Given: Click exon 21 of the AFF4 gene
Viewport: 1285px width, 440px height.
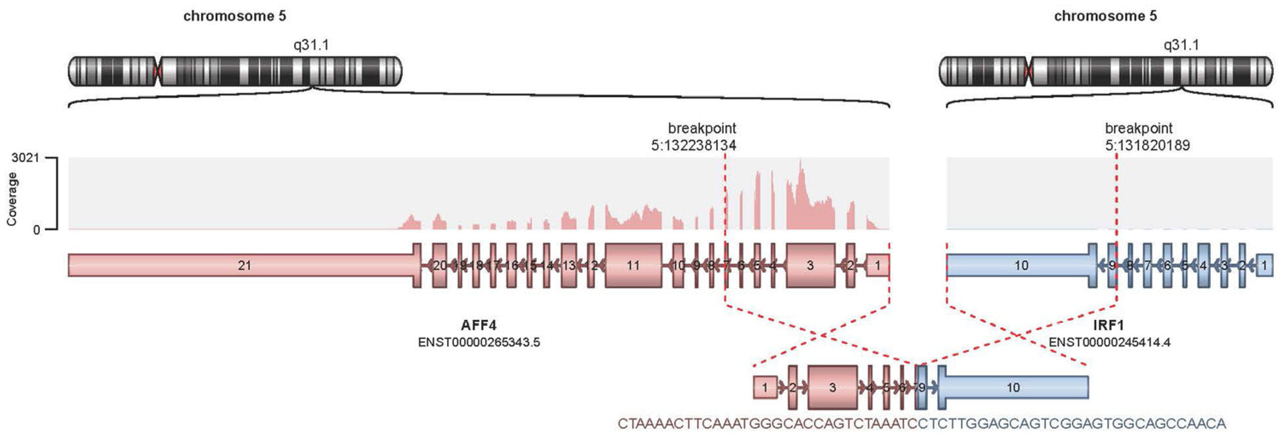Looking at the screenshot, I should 244,265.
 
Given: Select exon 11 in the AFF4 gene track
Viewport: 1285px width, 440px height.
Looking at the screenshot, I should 633,265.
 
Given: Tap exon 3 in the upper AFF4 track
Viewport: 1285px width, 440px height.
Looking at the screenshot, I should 811,265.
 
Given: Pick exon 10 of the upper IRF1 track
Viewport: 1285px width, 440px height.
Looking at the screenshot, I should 1021,265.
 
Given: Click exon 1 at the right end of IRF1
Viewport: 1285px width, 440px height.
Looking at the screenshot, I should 1264,265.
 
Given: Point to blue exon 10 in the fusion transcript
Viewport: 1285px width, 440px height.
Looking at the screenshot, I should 1013,387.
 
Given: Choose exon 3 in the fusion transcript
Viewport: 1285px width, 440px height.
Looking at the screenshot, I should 832,387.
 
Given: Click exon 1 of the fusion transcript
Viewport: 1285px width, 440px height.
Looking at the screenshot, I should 765,387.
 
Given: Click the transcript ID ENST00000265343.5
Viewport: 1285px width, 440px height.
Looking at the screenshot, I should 479,343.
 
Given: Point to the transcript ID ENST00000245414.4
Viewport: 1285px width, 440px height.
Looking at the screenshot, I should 1109,343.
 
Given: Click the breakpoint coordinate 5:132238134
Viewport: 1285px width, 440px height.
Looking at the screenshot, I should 694,146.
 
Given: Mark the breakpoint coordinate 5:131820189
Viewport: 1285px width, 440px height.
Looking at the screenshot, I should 1147,146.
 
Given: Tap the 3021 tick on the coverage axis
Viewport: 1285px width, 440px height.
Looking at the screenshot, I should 25,158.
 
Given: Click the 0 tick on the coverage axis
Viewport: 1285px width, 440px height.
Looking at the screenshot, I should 36,230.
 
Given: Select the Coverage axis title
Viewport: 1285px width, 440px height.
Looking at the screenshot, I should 12,199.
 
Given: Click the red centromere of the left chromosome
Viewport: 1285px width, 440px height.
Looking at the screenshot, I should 158,71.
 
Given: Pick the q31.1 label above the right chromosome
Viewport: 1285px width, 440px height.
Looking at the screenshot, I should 1181,45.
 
